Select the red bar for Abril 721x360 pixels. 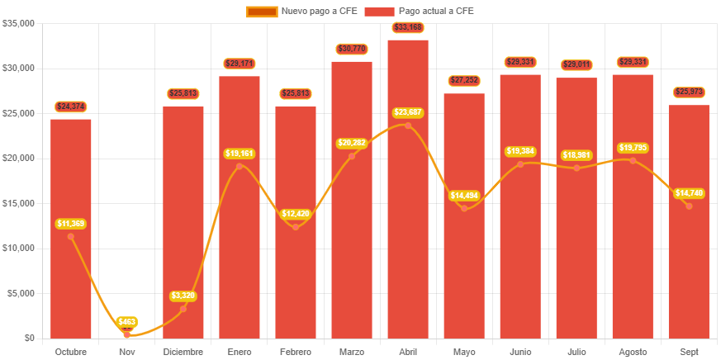(408, 231)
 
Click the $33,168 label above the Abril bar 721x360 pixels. (408, 28)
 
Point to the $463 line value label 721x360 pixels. (127, 321)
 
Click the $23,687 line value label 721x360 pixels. (408, 111)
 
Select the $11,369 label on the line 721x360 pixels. (71, 223)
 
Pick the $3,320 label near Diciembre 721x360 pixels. (183, 296)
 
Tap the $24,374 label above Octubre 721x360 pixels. (71, 107)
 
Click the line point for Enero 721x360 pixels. (240, 166)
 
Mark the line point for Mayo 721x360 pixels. (464, 208)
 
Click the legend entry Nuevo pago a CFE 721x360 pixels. (301, 11)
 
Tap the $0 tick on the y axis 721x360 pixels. (29, 338)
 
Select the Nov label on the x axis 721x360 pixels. (127, 352)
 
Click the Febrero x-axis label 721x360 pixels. (296, 352)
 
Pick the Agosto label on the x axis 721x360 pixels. (633, 352)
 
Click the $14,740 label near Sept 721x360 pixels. (689, 193)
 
